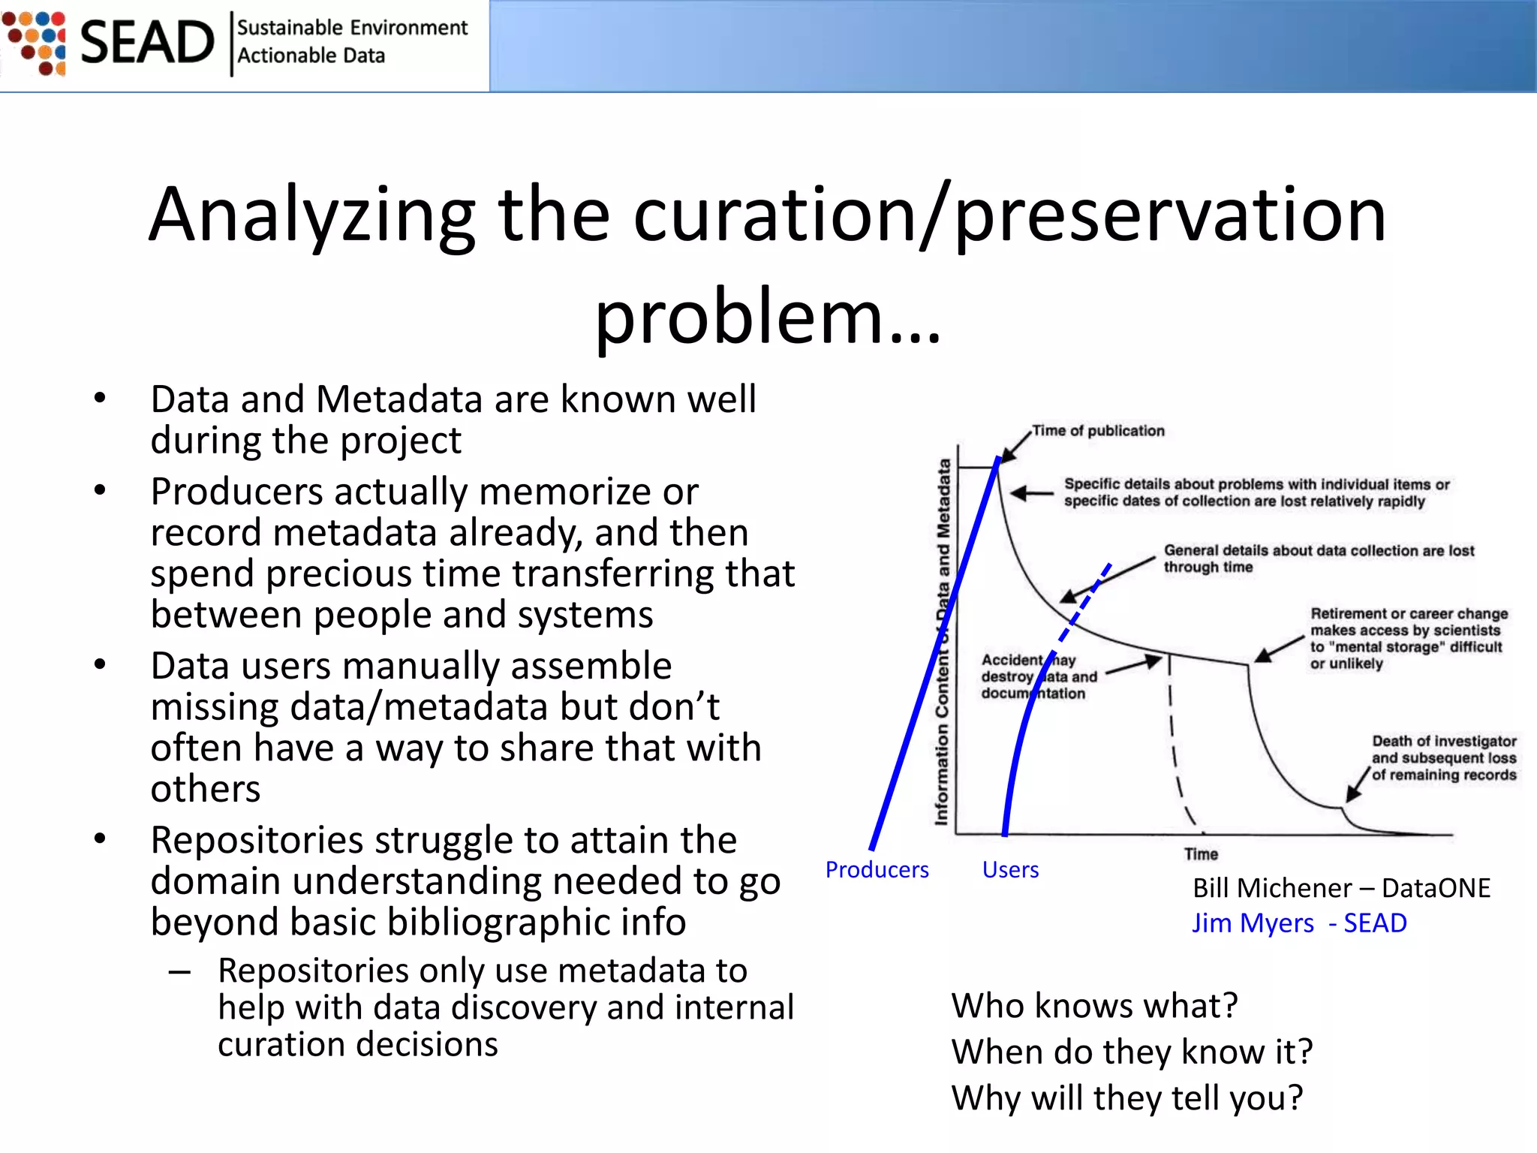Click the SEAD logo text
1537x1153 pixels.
(146, 43)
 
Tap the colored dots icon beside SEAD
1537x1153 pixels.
(35, 43)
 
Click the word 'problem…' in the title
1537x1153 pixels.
(768, 317)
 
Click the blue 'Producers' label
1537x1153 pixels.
(877, 869)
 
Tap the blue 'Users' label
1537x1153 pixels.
(1010, 869)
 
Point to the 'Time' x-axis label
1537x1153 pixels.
(1201, 854)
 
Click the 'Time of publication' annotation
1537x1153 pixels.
(1098, 431)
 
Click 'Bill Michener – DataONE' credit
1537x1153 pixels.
(1341, 888)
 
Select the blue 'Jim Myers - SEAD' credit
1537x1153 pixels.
(1299, 923)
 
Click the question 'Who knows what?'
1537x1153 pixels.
(1094, 1006)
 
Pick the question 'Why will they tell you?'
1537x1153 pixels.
(1127, 1098)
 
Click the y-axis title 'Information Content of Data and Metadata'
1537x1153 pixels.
(943, 642)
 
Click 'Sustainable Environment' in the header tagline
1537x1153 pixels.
(352, 28)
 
